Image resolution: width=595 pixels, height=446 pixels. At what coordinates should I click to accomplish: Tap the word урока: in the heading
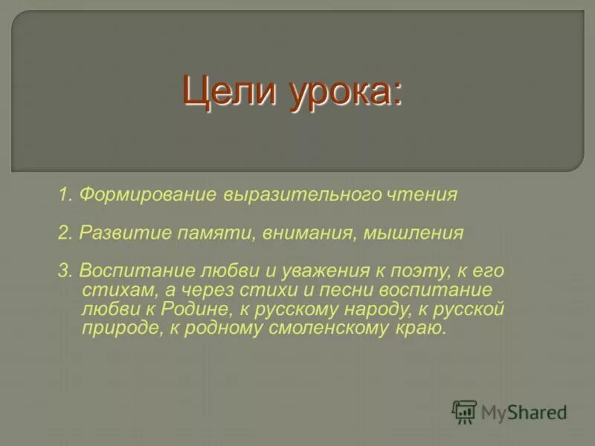click(x=343, y=94)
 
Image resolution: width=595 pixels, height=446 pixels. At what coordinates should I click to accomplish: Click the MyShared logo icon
click(x=464, y=412)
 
